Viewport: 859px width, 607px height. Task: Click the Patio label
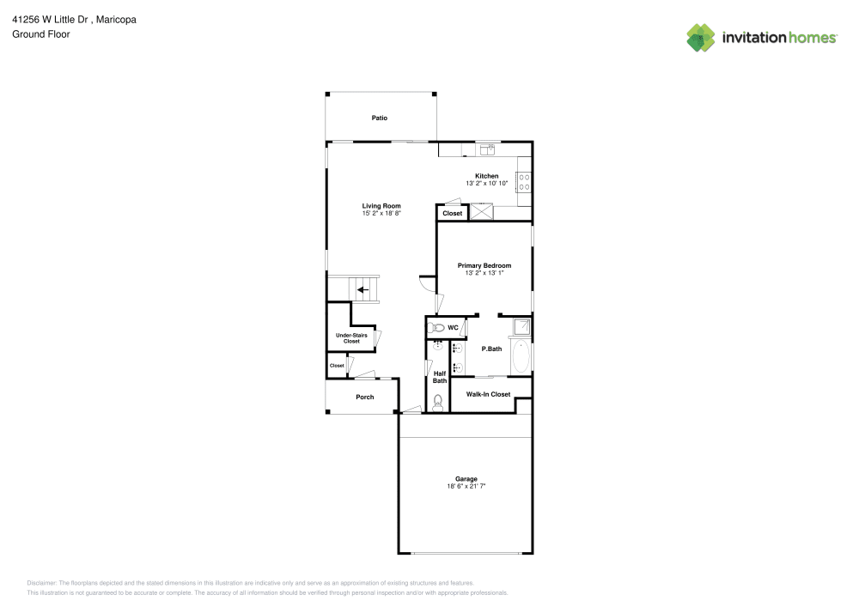(379, 118)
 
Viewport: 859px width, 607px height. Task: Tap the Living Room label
(381, 206)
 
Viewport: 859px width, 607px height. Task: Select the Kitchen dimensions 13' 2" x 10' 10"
(486, 184)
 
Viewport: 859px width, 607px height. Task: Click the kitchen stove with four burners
(524, 182)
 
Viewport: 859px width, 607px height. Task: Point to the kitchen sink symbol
(487, 149)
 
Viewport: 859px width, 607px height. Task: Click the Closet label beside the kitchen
(453, 214)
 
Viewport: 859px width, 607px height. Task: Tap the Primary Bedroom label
(484, 265)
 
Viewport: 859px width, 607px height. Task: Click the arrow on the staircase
(362, 289)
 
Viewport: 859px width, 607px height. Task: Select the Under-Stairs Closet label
(351, 338)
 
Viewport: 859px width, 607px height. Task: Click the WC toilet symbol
(436, 328)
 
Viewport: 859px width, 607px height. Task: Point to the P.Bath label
(491, 349)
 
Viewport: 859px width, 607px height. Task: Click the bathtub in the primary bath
(521, 356)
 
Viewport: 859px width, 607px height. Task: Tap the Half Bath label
(440, 377)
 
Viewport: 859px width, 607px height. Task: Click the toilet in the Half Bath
(438, 403)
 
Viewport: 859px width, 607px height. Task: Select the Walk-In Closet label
(488, 394)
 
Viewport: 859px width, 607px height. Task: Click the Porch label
(365, 397)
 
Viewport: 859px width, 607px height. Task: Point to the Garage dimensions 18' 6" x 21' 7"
(466, 486)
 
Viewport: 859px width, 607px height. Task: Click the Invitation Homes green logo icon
(701, 38)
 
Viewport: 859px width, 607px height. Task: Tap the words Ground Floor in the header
(41, 34)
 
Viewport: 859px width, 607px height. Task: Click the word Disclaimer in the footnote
(41, 583)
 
